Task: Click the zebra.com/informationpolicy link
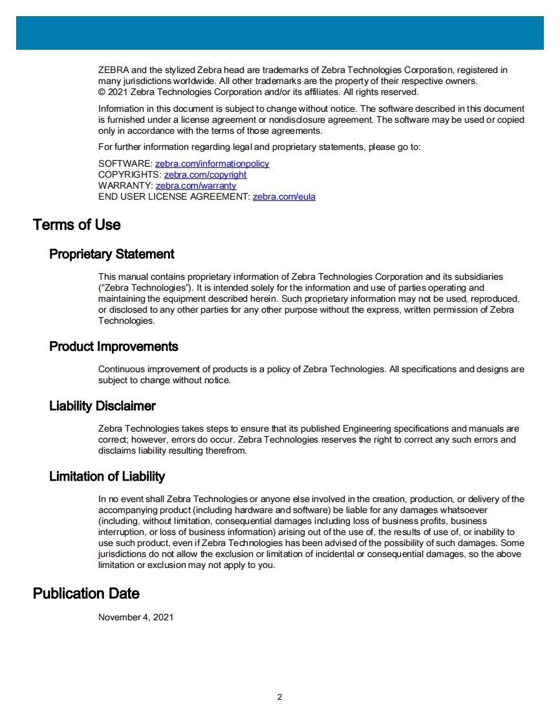tap(212, 164)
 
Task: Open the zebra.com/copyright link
tap(205, 175)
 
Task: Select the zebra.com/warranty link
tap(196, 186)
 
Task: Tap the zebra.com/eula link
tap(284, 197)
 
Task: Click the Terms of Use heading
tap(77, 225)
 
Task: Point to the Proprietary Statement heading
tap(112, 254)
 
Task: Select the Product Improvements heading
tap(114, 346)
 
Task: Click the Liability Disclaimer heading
tap(102, 406)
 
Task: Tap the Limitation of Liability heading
tap(107, 476)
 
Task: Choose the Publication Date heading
tap(86, 593)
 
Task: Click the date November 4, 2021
tap(136, 618)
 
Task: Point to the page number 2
tap(279, 697)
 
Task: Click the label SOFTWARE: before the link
tap(125, 164)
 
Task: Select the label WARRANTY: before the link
tap(126, 186)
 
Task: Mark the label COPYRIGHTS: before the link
tap(130, 175)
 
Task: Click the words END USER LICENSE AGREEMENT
tap(173, 197)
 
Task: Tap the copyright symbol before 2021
tap(102, 92)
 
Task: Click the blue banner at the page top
tap(280, 33)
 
